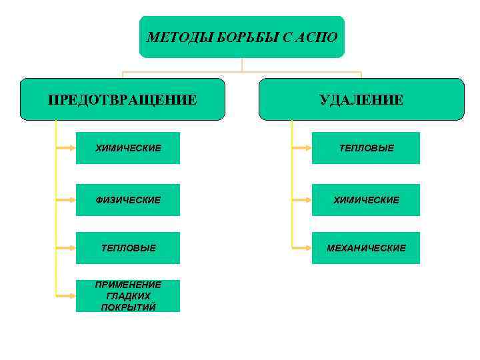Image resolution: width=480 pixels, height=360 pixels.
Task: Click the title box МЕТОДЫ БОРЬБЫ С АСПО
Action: tap(242, 37)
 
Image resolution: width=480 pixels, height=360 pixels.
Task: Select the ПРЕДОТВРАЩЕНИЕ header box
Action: tap(122, 99)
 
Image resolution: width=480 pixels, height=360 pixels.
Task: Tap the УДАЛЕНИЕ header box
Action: tap(361, 99)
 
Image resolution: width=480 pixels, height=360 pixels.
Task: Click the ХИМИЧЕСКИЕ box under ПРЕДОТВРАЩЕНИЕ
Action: tap(127, 148)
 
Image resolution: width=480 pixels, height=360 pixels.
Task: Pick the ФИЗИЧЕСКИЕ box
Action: tap(127, 200)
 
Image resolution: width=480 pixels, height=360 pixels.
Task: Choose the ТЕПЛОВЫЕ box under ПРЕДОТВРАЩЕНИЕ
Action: tap(127, 248)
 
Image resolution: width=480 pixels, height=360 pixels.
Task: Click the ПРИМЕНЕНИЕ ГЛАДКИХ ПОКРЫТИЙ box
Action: tap(127, 296)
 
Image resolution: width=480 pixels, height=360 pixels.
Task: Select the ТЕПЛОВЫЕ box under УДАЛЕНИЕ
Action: tap(365, 148)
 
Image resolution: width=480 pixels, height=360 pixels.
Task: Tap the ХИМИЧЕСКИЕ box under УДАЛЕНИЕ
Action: tap(365, 200)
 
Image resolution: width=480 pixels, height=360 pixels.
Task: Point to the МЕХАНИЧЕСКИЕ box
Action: tap(365, 248)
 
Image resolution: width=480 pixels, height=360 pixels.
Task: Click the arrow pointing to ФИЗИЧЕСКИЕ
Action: tap(67, 200)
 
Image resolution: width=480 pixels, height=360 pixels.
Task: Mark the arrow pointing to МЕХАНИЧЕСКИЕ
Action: tap(302, 248)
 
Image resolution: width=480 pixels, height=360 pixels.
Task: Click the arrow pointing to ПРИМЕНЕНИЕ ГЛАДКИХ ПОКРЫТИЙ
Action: tap(67, 296)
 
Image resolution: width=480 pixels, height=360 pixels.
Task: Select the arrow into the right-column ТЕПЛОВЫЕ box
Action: tap(302, 148)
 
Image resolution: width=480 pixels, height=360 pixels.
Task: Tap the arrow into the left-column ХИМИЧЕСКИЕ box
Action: tap(67, 148)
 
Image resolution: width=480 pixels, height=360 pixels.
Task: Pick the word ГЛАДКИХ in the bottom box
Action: tap(128, 296)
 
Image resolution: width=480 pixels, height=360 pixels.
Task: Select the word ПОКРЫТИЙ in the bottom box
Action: tap(128, 307)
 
